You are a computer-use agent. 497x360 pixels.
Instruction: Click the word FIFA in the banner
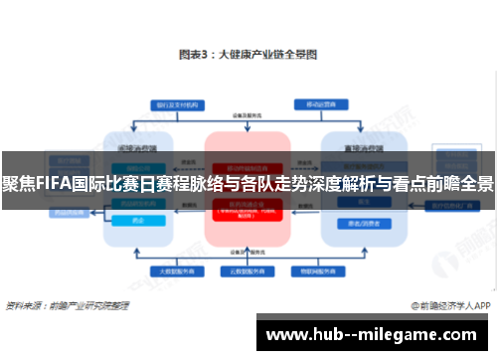coord(50,185)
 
